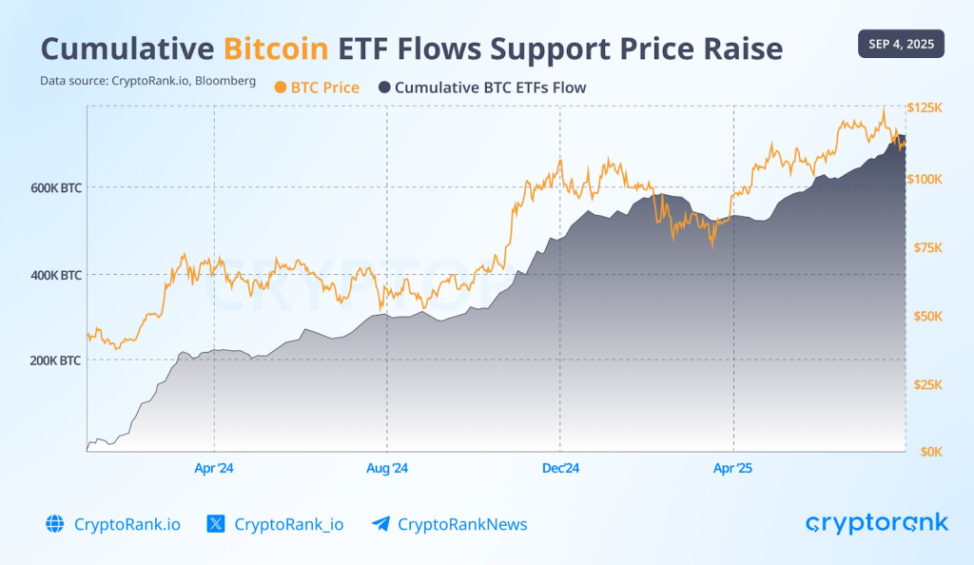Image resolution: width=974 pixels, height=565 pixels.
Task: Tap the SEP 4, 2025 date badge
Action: pyautogui.click(x=900, y=44)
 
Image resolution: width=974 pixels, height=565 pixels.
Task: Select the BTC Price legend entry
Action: pyautogui.click(x=317, y=88)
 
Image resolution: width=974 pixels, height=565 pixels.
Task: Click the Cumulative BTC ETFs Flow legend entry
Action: pyautogui.click(x=482, y=88)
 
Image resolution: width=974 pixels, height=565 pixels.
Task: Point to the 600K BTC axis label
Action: pyautogui.click(x=56, y=188)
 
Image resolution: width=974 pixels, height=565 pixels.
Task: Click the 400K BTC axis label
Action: pyautogui.click(x=56, y=275)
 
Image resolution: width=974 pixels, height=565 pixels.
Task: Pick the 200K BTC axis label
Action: pyautogui.click(x=56, y=360)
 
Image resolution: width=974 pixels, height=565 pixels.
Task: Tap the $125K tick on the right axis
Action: pyautogui.click(x=925, y=108)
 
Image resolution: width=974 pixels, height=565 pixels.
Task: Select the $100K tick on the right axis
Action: pyautogui.click(x=925, y=179)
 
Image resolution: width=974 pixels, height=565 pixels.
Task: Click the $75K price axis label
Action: pyautogui.click(x=925, y=247)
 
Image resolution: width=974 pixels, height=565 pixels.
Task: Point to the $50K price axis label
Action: pyautogui.click(x=925, y=316)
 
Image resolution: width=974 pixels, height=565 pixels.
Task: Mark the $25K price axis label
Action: pyautogui.click(x=925, y=384)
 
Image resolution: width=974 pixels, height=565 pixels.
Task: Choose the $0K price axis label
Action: pyautogui.click(x=925, y=452)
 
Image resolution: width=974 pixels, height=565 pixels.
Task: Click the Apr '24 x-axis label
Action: pyautogui.click(x=214, y=468)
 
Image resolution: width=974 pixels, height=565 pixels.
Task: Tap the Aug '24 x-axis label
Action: pyautogui.click(x=387, y=468)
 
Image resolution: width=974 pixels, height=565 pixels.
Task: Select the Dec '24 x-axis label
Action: pyautogui.click(x=560, y=468)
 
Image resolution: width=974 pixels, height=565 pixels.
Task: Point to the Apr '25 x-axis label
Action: pyautogui.click(x=733, y=468)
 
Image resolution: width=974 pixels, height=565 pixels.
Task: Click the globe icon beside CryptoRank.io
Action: pyautogui.click(x=54, y=524)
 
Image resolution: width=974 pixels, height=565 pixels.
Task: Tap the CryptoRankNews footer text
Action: pyautogui.click(x=462, y=524)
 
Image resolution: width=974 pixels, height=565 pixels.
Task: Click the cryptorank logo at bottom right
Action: pyautogui.click(x=877, y=523)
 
